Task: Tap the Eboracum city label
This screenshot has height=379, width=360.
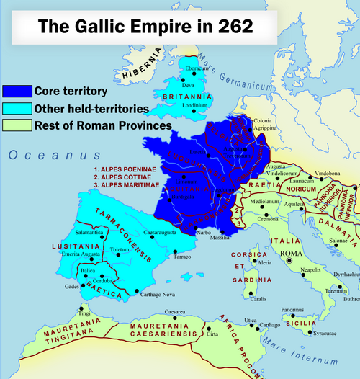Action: (x=201, y=68)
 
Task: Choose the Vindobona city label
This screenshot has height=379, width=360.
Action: (x=328, y=174)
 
